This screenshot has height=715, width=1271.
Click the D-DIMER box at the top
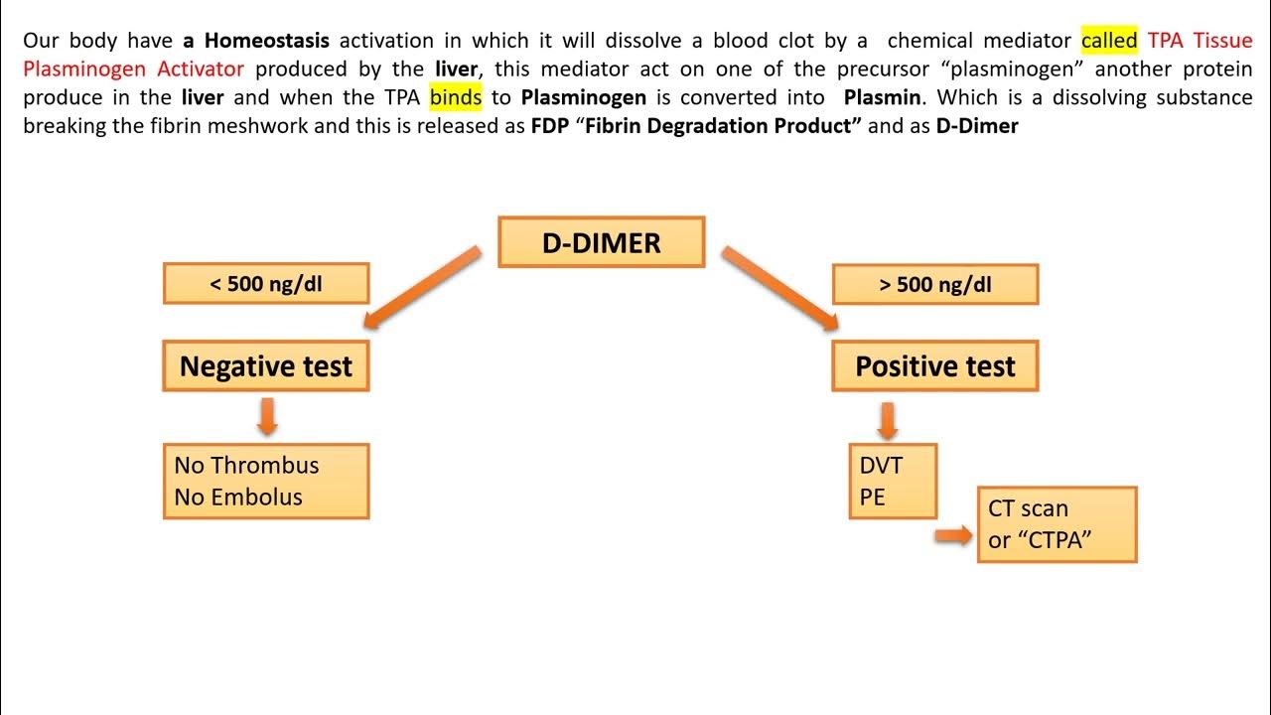tap(601, 242)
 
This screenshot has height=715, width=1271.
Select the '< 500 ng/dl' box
tap(266, 284)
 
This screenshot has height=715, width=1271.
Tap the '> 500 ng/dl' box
tap(934, 284)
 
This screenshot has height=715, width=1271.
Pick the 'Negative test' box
tap(266, 366)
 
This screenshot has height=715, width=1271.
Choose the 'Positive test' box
tap(934, 366)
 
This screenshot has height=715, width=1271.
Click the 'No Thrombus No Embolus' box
tap(266, 481)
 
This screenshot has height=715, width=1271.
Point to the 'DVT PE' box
tap(893, 481)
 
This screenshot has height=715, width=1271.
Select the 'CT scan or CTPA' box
tap(1057, 524)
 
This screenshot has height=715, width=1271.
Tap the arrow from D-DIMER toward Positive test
tap(780, 288)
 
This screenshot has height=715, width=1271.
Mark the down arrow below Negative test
tap(266, 416)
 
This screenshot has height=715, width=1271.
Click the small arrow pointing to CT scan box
tap(954, 536)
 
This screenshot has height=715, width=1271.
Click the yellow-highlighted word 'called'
tap(1109, 41)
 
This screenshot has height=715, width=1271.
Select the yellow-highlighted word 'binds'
tap(456, 97)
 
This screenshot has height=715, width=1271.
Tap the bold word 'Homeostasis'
tap(267, 41)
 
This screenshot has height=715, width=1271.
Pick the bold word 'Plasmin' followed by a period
tap(886, 97)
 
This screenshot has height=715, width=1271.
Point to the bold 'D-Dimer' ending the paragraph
tap(977, 126)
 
